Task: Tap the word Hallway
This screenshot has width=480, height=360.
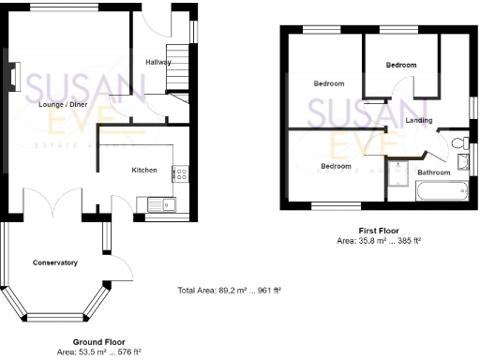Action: [x=158, y=62]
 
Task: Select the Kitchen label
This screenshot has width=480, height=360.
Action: [x=143, y=170]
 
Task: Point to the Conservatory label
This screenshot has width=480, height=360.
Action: [x=54, y=262]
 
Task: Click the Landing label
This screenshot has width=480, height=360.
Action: [x=419, y=121]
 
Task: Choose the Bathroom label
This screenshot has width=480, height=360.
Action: [x=433, y=172]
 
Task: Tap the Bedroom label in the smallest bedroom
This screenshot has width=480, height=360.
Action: [x=401, y=65]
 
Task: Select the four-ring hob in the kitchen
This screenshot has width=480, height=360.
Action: [x=180, y=173]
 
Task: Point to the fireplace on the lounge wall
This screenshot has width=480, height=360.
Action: [x=14, y=75]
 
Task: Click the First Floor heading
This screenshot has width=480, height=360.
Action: [x=380, y=231]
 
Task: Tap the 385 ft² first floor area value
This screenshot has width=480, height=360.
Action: [x=409, y=241]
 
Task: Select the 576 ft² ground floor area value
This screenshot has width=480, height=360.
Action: [x=127, y=352]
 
